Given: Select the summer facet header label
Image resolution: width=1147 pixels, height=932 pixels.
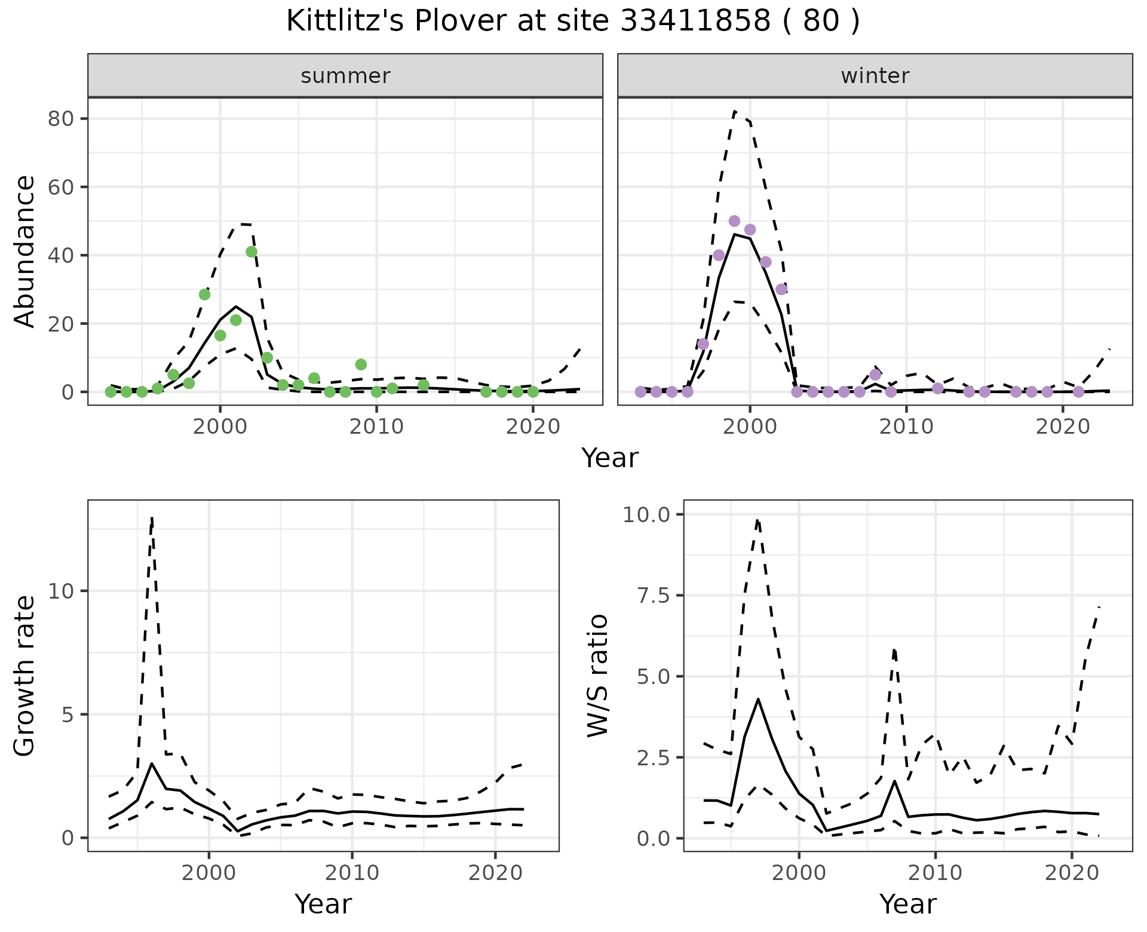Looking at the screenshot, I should coord(345,76).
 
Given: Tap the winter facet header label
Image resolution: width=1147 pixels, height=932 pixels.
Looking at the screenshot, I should coord(875,76).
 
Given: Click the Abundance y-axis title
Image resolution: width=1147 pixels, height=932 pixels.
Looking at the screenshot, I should coord(25,252).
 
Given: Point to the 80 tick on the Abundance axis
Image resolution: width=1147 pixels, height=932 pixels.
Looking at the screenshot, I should coord(61,119).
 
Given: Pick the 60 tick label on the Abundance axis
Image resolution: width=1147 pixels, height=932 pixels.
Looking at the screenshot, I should coord(61,187).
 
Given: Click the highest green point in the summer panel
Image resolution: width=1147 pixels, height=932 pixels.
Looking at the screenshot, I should coord(252,252).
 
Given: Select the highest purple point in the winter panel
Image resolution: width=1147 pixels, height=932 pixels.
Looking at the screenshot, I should coord(735,221).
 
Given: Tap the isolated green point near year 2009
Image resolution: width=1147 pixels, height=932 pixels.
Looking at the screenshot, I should coord(361,364).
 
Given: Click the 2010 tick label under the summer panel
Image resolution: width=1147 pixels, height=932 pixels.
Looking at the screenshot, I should coord(376,427).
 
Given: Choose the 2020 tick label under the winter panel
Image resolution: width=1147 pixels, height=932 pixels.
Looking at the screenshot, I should coord(1063,427).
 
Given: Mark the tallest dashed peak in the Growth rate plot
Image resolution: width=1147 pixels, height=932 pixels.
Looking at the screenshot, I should coord(152,519).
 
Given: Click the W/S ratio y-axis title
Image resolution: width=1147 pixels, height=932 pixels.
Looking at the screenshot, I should coord(598,676).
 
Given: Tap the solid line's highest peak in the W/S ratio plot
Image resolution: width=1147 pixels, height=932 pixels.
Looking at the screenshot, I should coord(758,699).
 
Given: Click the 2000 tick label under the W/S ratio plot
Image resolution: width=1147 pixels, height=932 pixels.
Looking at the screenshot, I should coord(799,873).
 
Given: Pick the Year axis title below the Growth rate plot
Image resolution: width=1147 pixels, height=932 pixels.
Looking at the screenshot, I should coord(323,904).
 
